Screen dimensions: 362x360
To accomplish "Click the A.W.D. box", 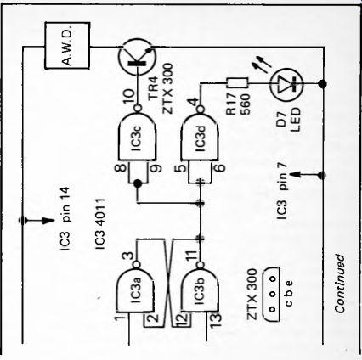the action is pyautogui.click(x=67, y=46).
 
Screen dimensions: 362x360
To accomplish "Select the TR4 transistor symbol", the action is pyautogui.click(x=138, y=58).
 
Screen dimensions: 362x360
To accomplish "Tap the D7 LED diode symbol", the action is pyautogui.click(x=287, y=84).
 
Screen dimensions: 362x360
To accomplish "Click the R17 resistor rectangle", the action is pyautogui.click(x=237, y=83).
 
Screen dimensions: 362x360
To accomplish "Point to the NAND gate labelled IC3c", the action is pyautogui.click(x=137, y=134).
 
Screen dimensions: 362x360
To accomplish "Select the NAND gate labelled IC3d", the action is pyautogui.click(x=200, y=134).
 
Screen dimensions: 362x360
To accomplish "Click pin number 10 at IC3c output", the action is pyautogui.click(x=129, y=98).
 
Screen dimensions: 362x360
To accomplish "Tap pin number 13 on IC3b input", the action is pyautogui.click(x=216, y=320).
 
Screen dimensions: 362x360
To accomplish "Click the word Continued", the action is pyautogui.click(x=340, y=284).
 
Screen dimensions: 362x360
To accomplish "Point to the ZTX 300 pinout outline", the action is pyautogui.click(x=271, y=295).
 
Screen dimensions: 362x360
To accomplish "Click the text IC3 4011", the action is pyautogui.click(x=100, y=224).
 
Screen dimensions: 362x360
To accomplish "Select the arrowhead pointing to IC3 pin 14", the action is pyautogui.click(x=48, y=221).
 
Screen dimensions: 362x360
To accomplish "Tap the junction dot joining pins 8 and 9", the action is pyautogui.click(x=138, y=183).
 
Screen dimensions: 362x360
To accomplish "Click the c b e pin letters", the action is pyautogui.click(x=289, y=293).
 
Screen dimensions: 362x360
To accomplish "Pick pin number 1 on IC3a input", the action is pyautogui.click(x=121, y=317).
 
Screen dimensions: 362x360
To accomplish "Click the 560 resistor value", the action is pyautogui.click(x=246, y=104).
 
